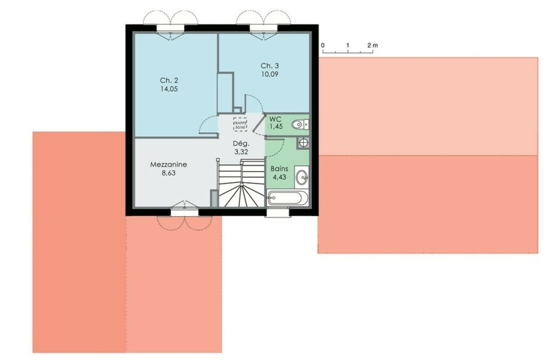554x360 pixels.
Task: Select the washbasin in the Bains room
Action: (x=302, y=176)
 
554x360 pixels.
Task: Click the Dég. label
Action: (x=241, y=144)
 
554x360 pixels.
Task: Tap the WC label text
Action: (x=275, y=118)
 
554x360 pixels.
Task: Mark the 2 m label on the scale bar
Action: (x=372, y=45)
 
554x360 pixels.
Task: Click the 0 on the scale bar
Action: (x=322, y=45)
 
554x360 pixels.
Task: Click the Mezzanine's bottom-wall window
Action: (x=184, y=212)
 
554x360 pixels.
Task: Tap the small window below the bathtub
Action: (x=278, y=212)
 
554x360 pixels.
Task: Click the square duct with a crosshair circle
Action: (x=303, y=143)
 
